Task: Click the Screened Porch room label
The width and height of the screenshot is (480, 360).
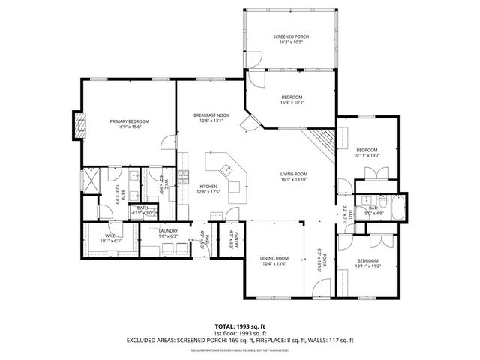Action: point(290,37)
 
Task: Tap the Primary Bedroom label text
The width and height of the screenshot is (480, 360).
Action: point(129,121)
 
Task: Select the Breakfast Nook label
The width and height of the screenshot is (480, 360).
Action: point(211,115)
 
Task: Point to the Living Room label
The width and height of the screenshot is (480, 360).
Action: point(294,174)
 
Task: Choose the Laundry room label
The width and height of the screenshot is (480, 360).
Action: point(167,231)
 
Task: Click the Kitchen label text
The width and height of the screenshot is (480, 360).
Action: point(208,187)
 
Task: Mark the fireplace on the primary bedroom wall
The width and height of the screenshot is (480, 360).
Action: point(76,125)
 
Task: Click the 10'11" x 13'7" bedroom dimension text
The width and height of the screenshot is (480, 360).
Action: point(368,155)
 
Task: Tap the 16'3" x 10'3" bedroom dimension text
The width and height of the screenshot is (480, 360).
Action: point(292,103)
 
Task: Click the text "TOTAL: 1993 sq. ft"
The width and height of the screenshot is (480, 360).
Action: point(239,327)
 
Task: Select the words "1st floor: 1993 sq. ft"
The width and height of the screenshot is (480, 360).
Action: point(239,334)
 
